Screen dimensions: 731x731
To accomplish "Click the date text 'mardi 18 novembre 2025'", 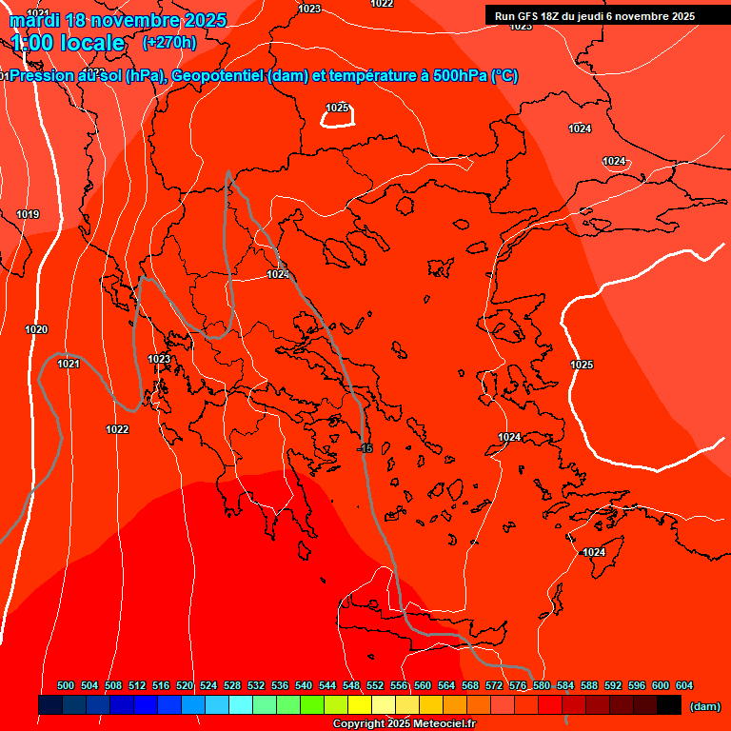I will click(118, 20).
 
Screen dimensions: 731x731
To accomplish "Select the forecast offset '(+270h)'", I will click(169, 43).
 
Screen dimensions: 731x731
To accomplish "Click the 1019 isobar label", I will click(28, 214).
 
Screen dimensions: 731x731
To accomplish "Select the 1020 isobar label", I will click(36, 329).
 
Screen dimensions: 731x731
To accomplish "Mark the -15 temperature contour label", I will click(366, 447).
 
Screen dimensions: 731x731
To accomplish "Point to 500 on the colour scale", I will click(66, 685).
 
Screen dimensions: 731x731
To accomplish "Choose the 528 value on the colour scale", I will click(232, 685).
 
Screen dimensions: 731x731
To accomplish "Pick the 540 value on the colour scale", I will click(304, 685).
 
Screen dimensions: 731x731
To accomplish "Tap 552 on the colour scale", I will click(375, 685).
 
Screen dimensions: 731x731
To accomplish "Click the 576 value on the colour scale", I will click(518, 685).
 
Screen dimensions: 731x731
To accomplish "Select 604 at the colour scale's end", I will click(684, 685).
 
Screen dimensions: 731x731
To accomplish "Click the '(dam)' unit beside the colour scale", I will click(704, 706).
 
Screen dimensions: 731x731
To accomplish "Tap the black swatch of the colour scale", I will click(669, 704).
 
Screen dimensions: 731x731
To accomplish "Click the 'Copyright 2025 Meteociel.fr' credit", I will click(404, 724).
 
